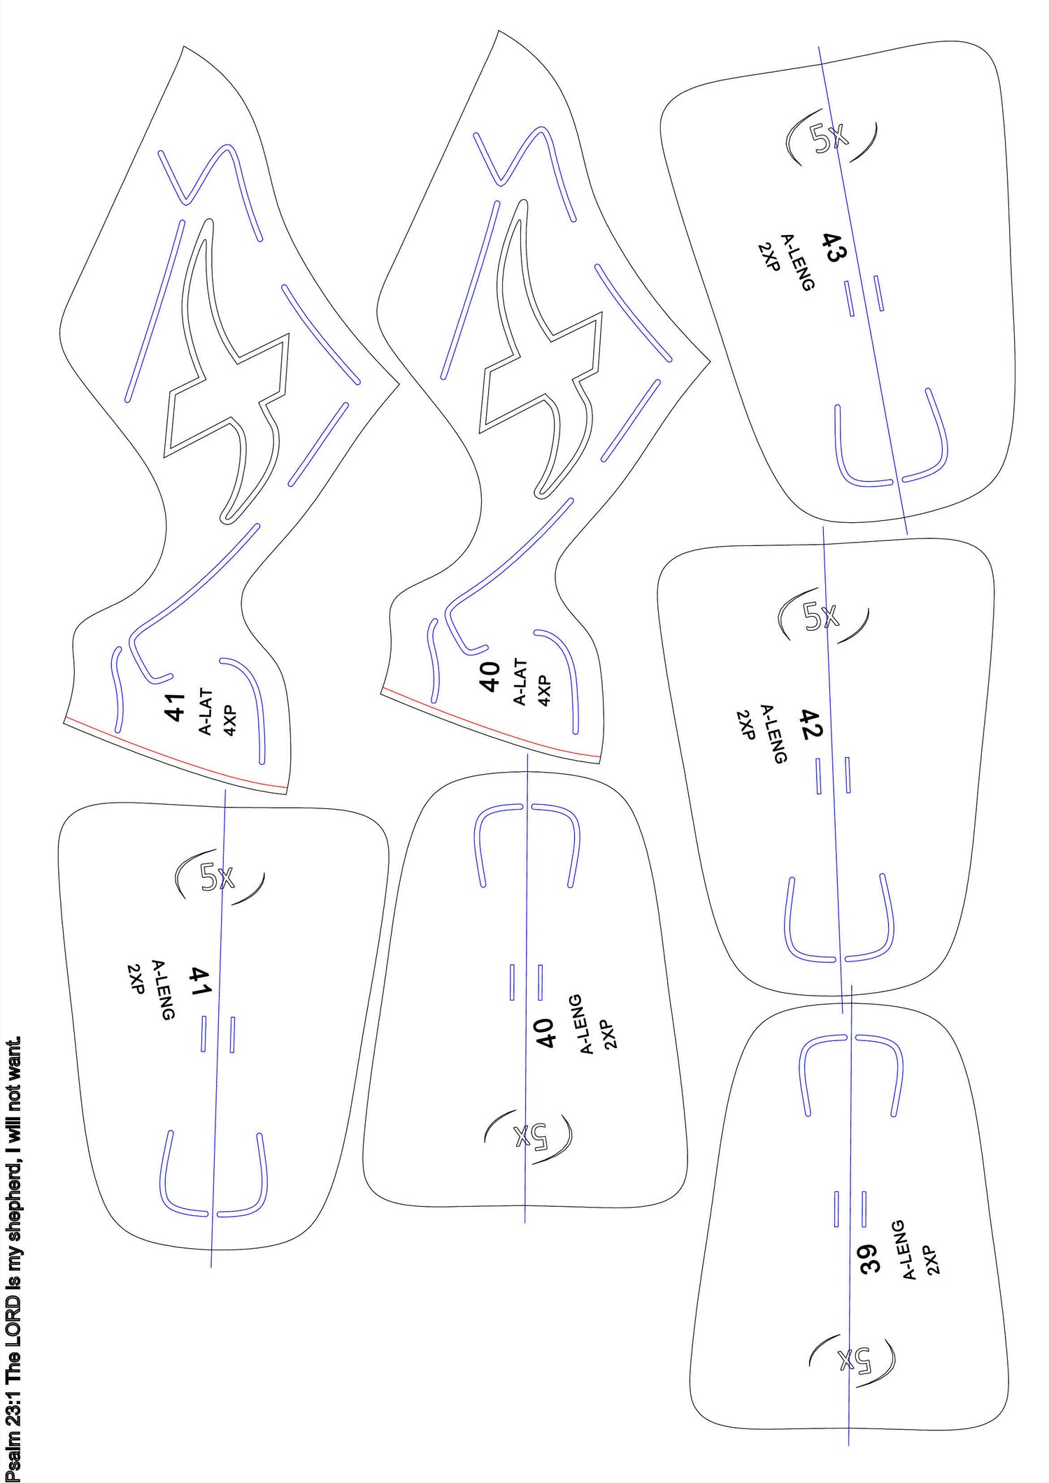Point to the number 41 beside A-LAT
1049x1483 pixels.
(174, 707)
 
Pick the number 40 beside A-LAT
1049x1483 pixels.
(490, 676)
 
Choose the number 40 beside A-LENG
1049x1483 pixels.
(545, 1033)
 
